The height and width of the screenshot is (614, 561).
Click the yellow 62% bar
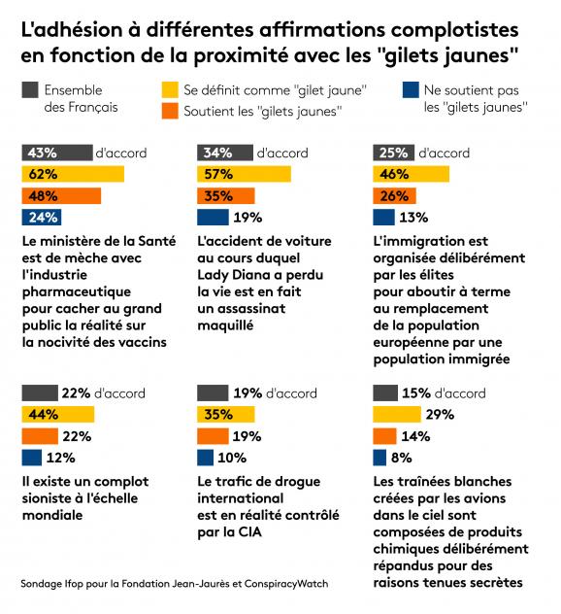coord(73,174)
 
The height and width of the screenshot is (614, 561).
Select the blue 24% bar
coord(42,218)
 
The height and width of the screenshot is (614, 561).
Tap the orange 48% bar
coord(61,196)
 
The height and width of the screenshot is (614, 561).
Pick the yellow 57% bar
coord(245,174)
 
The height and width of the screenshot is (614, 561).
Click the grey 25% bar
coord(393,153)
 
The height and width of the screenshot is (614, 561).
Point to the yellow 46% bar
coord(412,174)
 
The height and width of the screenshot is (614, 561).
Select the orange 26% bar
coord(395,196)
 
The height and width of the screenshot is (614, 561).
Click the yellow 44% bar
coord(58,414)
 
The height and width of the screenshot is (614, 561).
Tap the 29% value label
coord(440,414)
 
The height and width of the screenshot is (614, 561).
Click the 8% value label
coord(402,458)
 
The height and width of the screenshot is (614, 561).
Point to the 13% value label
coord(413,218)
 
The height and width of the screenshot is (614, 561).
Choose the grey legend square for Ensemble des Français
coord(30,89)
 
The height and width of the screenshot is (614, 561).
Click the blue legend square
coord(411,89)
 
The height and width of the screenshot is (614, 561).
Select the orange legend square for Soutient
coord(170,111)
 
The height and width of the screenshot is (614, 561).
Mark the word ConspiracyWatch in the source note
coord(286,584)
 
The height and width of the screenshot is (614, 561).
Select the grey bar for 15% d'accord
coord(385,392)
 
